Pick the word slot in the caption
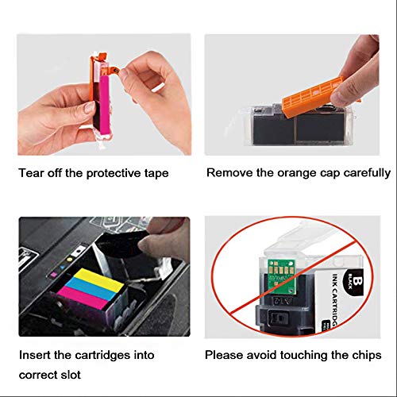point(71,375)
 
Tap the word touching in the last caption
point(305,355)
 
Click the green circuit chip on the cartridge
point(282,272)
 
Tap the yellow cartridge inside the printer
point(98,279)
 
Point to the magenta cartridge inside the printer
point(83,299)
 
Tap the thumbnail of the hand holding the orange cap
point(292,94)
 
